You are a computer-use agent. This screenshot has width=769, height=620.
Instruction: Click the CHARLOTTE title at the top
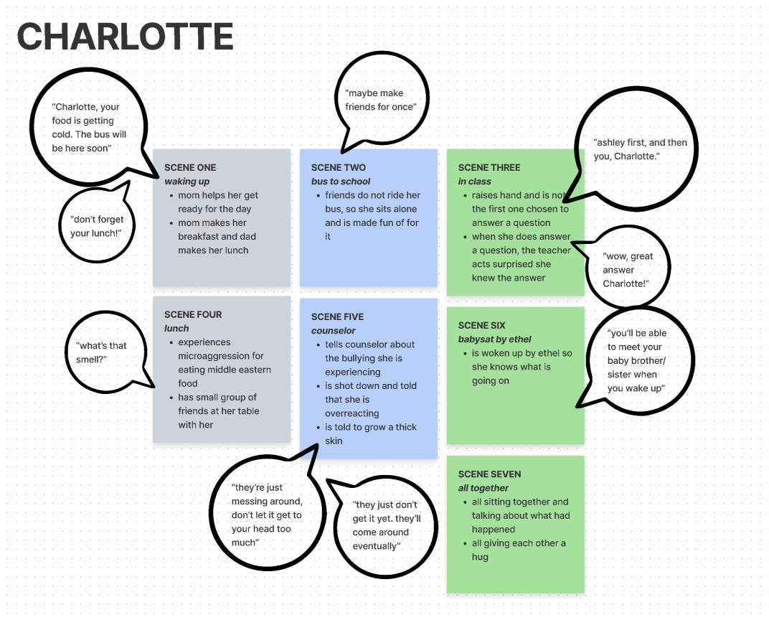[x=126, y=37]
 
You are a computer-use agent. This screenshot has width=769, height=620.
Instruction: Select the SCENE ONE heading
[x=190, y=167]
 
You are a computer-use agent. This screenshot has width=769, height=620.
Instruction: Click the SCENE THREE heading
[x=489, y=167]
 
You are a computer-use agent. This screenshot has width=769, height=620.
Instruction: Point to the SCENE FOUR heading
[x=193, y=314]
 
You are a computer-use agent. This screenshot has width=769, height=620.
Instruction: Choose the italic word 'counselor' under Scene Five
[x=334, y=331]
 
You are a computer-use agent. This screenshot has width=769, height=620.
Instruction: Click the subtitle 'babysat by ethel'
[x=495, y=339]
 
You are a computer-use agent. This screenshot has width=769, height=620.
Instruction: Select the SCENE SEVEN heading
[x=490, y=474]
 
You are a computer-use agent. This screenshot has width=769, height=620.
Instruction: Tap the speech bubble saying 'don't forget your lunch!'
[x=97, y=226]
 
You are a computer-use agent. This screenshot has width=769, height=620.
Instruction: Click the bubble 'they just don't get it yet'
[x=387, y=525]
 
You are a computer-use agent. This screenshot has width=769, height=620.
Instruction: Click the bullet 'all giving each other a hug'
[x=518, y=550]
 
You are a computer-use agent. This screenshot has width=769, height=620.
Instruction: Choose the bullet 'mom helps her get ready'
[x=218, y=202]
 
